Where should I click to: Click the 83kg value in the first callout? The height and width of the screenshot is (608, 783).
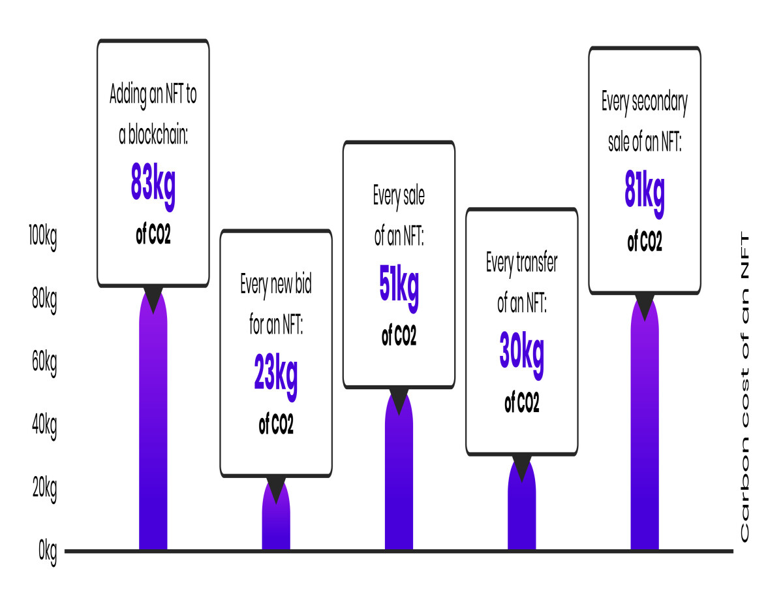(x=153, y=186)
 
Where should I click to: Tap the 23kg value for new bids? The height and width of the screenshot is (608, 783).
(x=275, y=376)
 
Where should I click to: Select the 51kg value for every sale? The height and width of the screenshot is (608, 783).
(x=399, y=288)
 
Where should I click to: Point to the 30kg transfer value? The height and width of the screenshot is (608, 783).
(x=521, y=355)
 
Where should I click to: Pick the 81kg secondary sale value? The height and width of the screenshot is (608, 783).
(x=644, y=194)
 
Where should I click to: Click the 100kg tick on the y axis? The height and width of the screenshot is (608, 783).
(x=43, y=237)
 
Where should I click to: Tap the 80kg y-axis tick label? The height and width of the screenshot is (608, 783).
(x=44, y=300)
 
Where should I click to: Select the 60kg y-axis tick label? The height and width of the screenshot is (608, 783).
(x=44, y=363)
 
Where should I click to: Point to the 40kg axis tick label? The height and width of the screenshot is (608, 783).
(x=44, y=426)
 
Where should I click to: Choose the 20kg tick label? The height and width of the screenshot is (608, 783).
(x=44, y=489)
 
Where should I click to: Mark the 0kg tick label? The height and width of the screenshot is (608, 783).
(x=48, y=552)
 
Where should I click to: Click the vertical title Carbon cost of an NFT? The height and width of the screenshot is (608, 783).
(x=745, y=386)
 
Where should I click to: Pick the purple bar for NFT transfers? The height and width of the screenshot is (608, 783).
(x=522, y=503)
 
